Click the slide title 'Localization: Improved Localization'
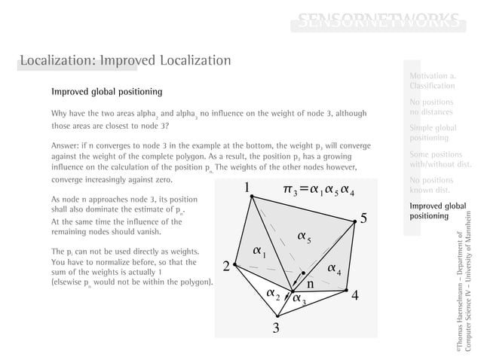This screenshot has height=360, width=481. pos(125,59)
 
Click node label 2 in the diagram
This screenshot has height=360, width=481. pos(226,267)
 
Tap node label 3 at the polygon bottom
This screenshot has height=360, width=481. pos(277,328)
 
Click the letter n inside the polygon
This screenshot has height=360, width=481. pos(310,284)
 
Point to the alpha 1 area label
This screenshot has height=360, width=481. pos(259,250)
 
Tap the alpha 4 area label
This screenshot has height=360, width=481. pos(335,269)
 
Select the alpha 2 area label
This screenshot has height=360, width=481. pos(274,293)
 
